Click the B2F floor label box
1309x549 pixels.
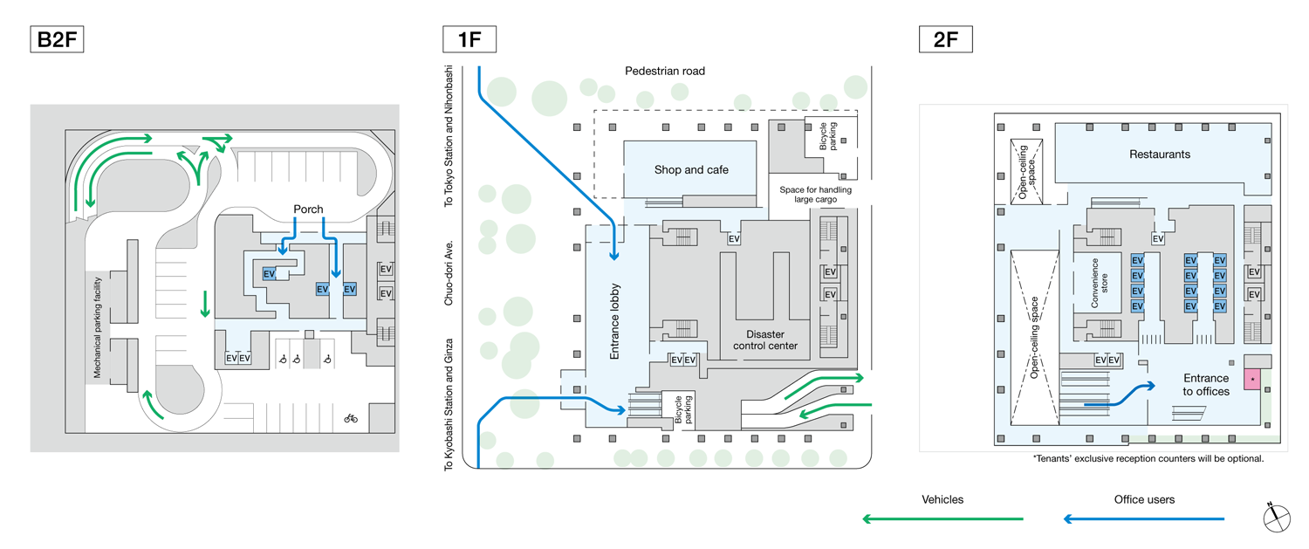click(58, 40)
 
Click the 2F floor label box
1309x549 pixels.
click(946, 40)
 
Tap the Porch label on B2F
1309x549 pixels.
click(308, 209)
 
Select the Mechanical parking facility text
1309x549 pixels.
click(99, 327)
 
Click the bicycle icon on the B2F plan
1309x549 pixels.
click(351, 418)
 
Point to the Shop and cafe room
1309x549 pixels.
click(691, 169)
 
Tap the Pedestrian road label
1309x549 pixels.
click(665, 71)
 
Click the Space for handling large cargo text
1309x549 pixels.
click(815, 195)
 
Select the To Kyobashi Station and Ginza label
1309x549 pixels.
click(449, 403)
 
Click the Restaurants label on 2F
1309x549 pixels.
click(1159, 154)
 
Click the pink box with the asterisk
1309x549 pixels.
click(1252, 380)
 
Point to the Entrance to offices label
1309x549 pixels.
click(1205, 385)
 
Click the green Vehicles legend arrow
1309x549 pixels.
click(942, 519)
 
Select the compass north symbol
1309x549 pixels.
click(1275, 517)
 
